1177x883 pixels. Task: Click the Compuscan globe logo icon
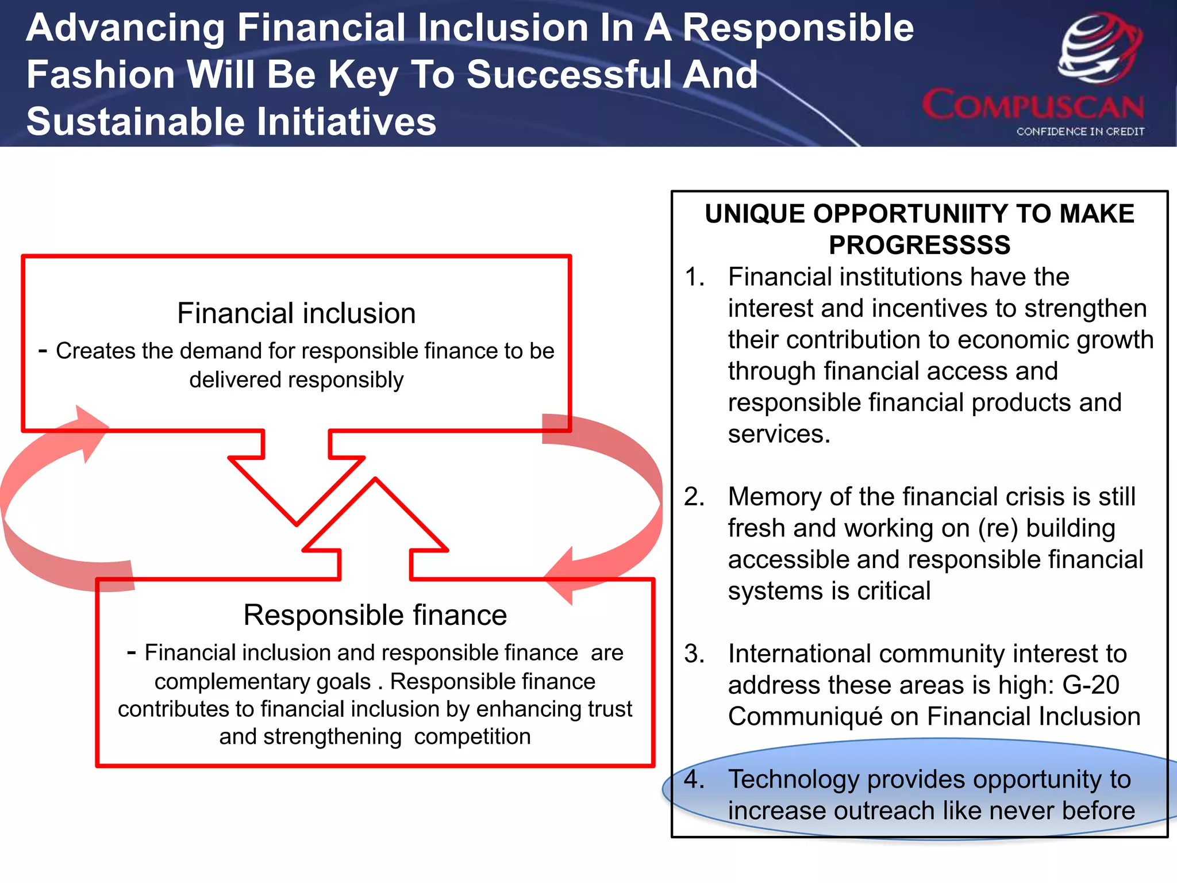pos(1099,49)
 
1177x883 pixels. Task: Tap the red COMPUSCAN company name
pos(1033,106)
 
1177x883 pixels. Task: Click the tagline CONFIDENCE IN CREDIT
pos(1080,132)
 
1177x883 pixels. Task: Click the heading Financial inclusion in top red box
pos(296,313)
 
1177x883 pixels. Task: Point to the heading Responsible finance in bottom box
pos(375,615)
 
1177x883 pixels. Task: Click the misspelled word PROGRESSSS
pos(919,245)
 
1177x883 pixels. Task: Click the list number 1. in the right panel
pos(694,277)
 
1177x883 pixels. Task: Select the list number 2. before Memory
pos(694,497)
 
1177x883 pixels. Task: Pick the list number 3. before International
pos(694,654)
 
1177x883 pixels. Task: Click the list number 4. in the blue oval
pos(694,780)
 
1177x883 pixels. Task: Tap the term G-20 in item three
pos(1090,685)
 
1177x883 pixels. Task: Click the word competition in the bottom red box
pos(472,736)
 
